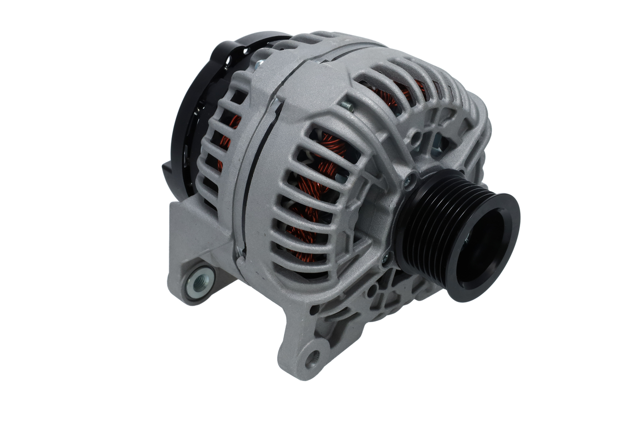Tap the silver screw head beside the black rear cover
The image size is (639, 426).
(x=259, y=65)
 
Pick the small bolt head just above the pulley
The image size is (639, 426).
(x=411, y=179)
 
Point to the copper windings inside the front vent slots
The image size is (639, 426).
(x=310, y=200)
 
